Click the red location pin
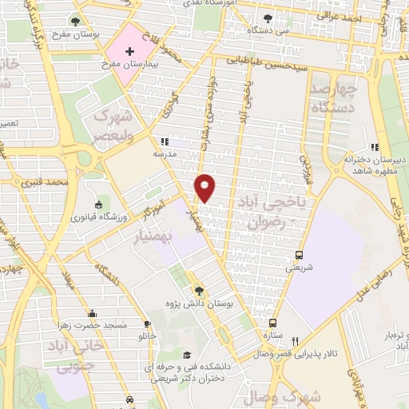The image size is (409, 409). pyautogui.click(x=205, y=187)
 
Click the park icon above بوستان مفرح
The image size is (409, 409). pyautogui.click(x=75, y=22)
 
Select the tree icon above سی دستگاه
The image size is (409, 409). pyautogui.click(x=268, y=18)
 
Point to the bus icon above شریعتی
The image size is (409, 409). pyautogui.click(x=299, y=255)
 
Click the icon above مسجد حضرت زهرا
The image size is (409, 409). pyautogui.click(x=93, y=313)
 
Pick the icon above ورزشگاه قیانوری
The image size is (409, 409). pyautogui.click(x=98, y=204)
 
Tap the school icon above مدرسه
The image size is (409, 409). pyautogui.click(x=164, y=141)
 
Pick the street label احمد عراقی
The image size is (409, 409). pyautogui.click(x=352, y=15)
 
